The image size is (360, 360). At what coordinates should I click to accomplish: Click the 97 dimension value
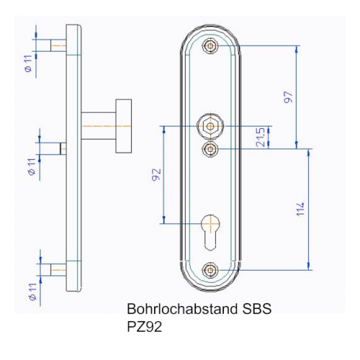coord(289,97)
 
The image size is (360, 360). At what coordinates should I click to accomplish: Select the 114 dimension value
coord(300,209)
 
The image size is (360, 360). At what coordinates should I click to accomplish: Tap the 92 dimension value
coord(156,174)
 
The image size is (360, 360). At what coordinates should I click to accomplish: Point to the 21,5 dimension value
coord(260,137)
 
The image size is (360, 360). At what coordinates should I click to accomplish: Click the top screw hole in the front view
coord(210,45)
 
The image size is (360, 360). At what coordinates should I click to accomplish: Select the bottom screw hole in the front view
coord(210,270)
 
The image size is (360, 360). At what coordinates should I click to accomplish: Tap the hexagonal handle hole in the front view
coord(210,126)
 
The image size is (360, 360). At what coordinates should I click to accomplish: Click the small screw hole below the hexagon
coord(210,149)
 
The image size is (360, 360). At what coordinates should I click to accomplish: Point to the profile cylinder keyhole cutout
coord(210,232)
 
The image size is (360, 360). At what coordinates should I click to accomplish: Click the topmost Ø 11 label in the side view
coord(28,63)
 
